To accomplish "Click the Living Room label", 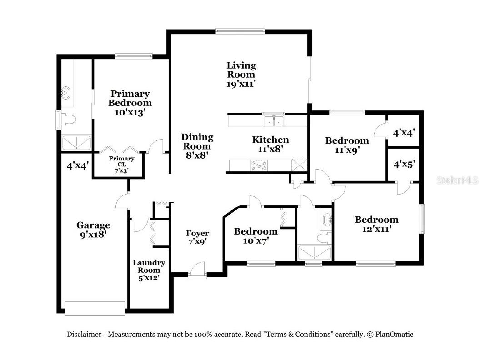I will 241,75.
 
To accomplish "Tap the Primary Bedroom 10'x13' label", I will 130,103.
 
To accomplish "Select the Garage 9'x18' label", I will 93,230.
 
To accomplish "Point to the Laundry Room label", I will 149,270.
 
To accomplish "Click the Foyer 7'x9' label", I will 198,237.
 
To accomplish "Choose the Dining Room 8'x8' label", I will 197,145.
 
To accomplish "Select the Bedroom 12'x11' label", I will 376,224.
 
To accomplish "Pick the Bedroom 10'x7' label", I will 255,236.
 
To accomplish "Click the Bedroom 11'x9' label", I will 347,145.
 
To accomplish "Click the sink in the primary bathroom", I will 67,93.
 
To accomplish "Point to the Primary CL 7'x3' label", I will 121,165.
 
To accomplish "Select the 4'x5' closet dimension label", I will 404,164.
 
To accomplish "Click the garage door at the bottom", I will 95,308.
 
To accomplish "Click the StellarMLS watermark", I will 457,180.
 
